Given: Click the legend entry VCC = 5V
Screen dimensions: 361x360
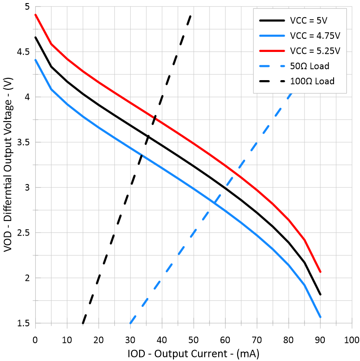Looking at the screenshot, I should pyautogui.click(x=308, y=21).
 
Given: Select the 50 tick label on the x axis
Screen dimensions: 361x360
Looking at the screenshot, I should pyautogui.click(x=193, y=340).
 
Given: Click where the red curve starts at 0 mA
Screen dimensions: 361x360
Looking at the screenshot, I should pyautogui.click(x=35, y=15).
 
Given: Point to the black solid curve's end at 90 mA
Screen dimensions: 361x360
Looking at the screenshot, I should pyautogui.click(x=320, y=294).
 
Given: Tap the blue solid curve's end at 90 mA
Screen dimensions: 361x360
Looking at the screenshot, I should pyautogui.click(x=320, y=317).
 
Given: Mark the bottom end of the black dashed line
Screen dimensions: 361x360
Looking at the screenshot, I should pyautogui.click(x=83, y=323).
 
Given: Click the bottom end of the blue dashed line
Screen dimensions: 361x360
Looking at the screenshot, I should pyautogui.click(x=130, y=323).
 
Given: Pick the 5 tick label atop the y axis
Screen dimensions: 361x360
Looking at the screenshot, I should pyautogui.click(x=26, y=7).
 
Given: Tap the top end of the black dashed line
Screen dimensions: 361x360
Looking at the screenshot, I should pyautogui.click(x=191, y=15).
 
